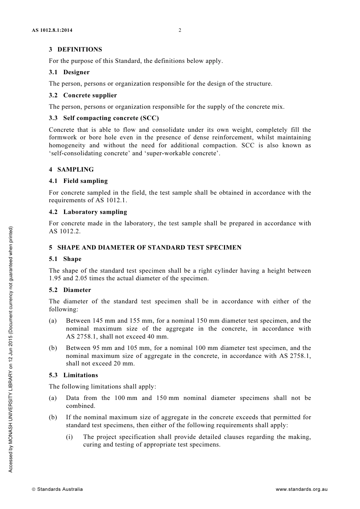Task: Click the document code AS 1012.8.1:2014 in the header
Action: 52,30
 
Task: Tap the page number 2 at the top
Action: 180,30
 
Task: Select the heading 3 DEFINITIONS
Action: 75,50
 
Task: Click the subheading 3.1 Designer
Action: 69,72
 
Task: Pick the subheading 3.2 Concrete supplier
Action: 83,95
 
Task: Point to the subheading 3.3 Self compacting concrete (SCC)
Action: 104,118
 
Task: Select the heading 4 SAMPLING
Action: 71,170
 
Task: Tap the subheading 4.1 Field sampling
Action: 78,181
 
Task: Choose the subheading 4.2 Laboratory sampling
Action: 88,212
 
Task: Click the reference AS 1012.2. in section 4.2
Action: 65,231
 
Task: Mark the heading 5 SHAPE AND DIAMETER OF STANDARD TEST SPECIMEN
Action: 145,248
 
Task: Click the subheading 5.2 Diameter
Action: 70,290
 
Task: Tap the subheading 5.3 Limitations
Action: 74,375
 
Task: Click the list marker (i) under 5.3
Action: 69,437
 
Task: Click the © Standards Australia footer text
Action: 57,489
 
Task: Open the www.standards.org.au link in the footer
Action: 301,489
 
